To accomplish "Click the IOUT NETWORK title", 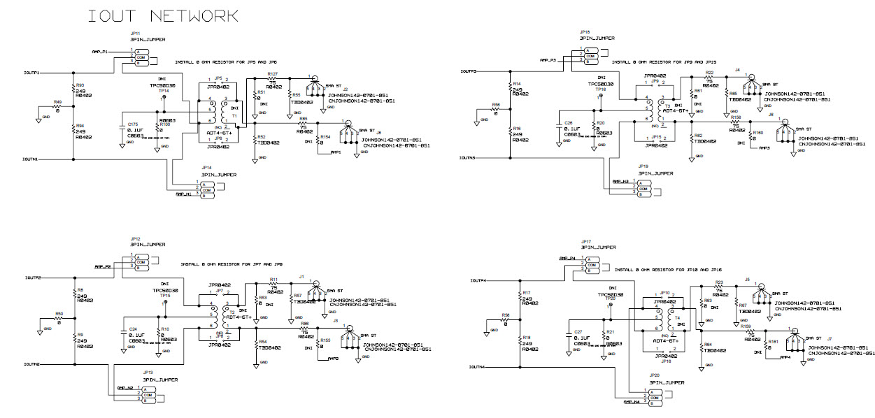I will pyautogui.click(x=162, y=15).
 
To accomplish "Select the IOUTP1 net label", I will pyautogui.click(x=31, y=72).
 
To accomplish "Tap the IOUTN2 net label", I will pyautogui.click(x=31, y=364).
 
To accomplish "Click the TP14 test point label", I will pyautogui.click(x=164, y=92).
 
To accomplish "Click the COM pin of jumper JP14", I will pyautogui.click(x=207, y=189).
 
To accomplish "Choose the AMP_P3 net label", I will pyautogui.click(x=548, y=61).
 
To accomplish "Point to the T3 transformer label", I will pyautogui.click(x=667, y=105).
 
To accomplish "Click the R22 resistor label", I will pyautogui.click(x=709, y=73).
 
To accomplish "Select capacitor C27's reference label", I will pyautogui.click(x=578, y=332).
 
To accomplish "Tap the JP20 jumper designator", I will pyautogui.click(x=655, y=375).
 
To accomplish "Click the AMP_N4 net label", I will pyautogui.click(x=632, y=402).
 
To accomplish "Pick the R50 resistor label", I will pyautogui.click(x=59, y=314).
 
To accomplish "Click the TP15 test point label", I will pyautogui.click(x=164, y=295).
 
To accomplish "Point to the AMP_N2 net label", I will pyautogui.click(x=125, y=387).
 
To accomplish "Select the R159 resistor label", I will pyautogui.click(x=745, y=326).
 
